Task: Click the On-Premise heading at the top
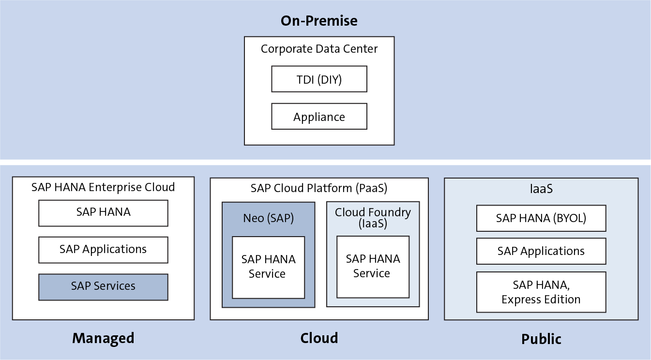319,21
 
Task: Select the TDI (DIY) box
319,79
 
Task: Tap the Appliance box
319,117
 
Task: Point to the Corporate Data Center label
319,49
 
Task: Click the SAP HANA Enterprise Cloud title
103,187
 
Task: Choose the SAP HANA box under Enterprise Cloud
103,213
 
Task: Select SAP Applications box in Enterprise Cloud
103,250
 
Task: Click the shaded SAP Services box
103,287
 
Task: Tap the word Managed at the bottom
103,338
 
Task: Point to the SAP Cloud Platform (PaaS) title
319,188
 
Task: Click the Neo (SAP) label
268,218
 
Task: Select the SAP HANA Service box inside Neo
268,267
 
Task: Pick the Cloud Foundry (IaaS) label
373,218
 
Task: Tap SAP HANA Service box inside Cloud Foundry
373,267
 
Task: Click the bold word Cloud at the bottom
319,337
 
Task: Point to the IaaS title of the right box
541,189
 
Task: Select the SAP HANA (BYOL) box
541,218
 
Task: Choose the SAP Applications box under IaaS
541,251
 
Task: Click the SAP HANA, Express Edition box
541,292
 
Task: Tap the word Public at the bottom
541,339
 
